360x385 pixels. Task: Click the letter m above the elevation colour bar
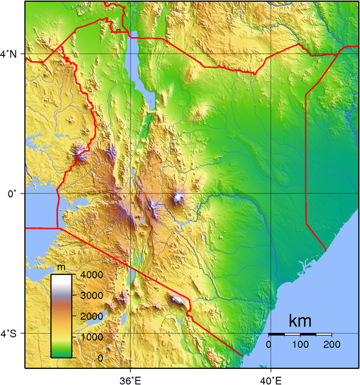pyautogui.click(x=61, y=267)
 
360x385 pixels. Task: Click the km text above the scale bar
pyautogui.click(x=300, y=320)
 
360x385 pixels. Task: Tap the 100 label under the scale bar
pyautogui.click(x=300, y=345)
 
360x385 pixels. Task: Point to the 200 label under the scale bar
pyautogui.click(x=331, y=345)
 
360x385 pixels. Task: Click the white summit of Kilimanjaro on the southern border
pyautogui.click(x=176, y=300)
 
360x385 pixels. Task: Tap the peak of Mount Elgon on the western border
pyautogui.click(x=80, y=154)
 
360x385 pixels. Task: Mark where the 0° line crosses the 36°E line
pyautogui.click(x=130, y=193)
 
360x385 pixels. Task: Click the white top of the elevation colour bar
pyautogui.click(x=62, y=278)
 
